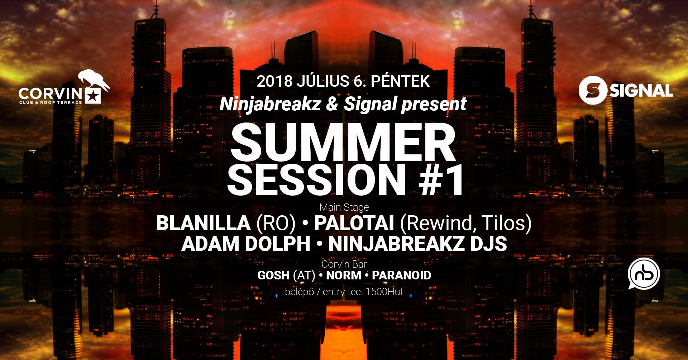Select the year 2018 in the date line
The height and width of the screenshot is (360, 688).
(274, 82)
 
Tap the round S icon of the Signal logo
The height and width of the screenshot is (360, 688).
(593, 91)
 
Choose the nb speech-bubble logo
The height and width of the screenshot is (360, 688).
(644, 274)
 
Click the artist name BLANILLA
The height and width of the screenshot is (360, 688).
(203, 224)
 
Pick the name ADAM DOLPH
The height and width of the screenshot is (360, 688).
(246, 244)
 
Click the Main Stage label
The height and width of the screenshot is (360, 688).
(344, 207)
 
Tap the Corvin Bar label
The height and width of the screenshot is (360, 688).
(344, 264)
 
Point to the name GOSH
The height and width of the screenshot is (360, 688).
(273, 275)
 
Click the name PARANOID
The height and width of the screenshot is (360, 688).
(401, 275)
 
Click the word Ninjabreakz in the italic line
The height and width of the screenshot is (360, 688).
(270, 104)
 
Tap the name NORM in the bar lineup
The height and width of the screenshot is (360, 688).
(344, 275)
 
